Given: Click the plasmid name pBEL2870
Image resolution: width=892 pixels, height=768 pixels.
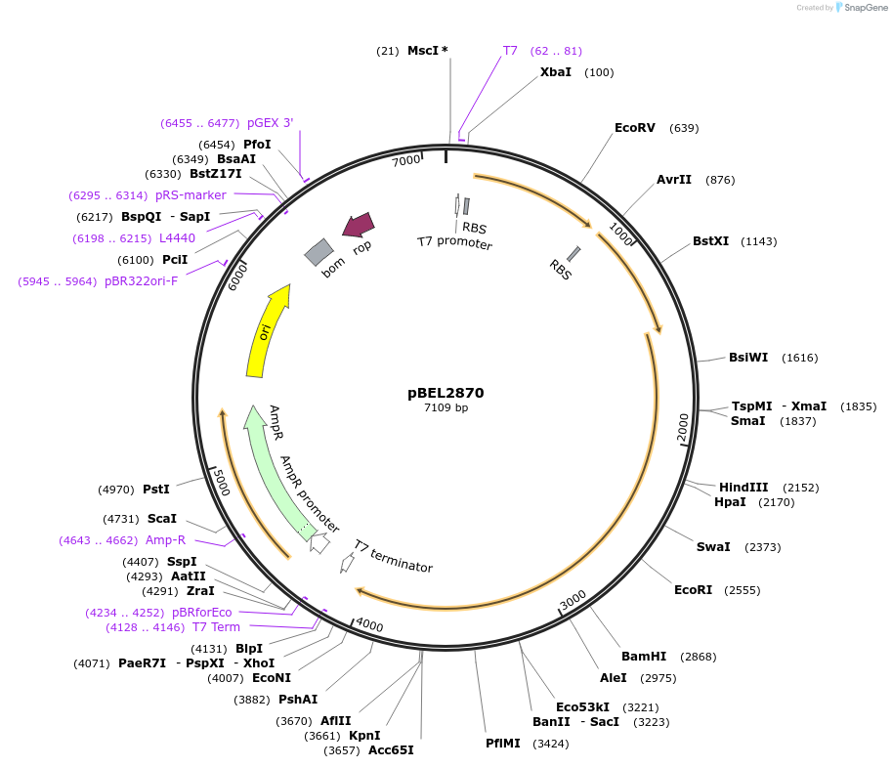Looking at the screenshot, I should (x=446, y=393).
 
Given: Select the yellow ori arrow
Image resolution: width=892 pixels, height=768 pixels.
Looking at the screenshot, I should (x=267, y=332).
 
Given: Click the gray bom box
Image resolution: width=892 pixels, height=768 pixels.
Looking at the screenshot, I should (x=319, y=252).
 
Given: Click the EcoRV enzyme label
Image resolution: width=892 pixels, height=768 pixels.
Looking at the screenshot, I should (x=635, y=128).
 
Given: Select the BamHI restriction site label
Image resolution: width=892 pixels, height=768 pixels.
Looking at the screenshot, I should (x=644, y=657).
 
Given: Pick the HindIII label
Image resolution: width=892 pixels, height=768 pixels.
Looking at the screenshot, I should (x=743, y=488).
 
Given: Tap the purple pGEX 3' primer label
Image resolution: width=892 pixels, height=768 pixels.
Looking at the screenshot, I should (x=270, y=123).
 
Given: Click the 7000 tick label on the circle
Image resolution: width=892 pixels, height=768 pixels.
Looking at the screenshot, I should (x=405, y=160).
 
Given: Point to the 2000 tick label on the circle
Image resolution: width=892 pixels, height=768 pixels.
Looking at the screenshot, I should (x=683, y=427).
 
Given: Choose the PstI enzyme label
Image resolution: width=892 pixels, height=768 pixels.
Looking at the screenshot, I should (x=156, y=489).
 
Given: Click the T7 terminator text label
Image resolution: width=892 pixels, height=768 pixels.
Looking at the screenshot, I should (x=393, y=556).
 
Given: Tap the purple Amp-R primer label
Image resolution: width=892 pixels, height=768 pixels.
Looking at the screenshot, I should (x=165, y=539).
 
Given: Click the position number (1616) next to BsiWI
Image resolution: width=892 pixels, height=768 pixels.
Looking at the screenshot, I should (x=800, y=358).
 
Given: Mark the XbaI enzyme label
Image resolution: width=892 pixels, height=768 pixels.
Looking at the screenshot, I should (x=556, y=72).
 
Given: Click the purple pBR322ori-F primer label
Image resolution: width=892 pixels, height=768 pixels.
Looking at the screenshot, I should (x=141, y=281).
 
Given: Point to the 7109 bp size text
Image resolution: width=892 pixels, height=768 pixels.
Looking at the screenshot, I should (x=446, y=407).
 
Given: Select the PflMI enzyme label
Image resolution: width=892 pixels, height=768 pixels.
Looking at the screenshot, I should (x=504, y=744).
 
